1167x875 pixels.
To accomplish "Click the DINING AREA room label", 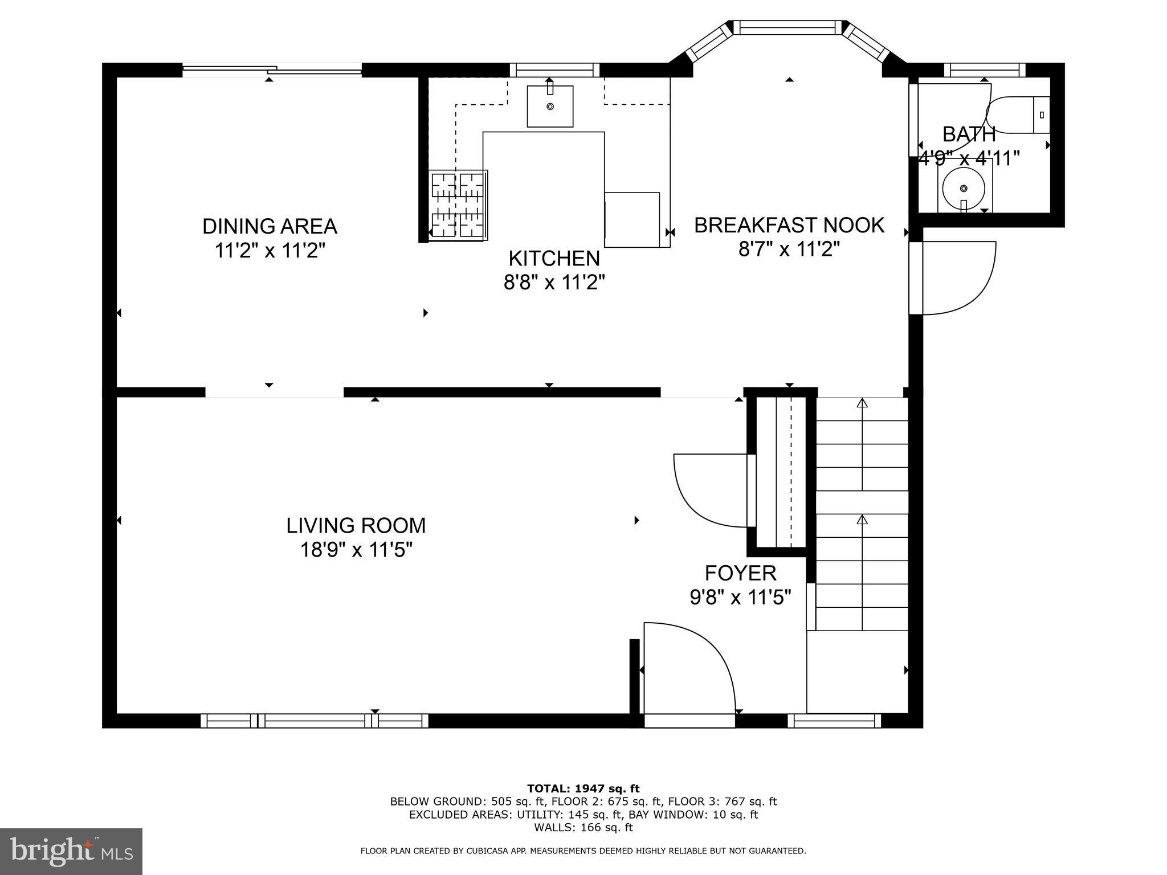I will (x=270, y=226).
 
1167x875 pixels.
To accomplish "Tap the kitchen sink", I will (x=550, y=107).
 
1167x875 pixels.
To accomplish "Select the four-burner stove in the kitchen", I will (x=458, y=205).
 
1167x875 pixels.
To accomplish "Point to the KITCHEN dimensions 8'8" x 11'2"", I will (x=554, y=282).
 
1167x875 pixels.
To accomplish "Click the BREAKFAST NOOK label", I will (x=789, y=225).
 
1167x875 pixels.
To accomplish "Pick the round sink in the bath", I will (x=963, y=189).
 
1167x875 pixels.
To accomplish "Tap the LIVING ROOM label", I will (x=356, y=525).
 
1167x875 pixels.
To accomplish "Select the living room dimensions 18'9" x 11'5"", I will (x=356, y=550).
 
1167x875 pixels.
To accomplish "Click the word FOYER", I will (x=740, y=573).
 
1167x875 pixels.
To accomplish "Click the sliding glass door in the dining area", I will (x=272, y=70).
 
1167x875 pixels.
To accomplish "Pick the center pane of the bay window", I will (x=786, y=27).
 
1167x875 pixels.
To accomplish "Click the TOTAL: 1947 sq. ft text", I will (x=583, y=789).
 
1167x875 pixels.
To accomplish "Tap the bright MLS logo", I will (x=71, y=851).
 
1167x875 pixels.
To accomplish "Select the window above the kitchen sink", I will (x=554, y=70).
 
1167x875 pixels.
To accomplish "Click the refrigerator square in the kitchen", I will (x=632, y=220).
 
